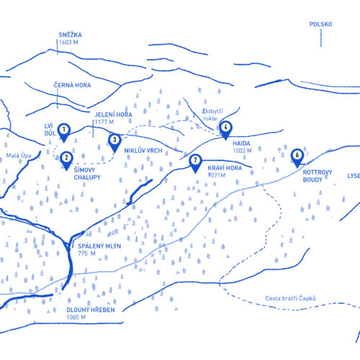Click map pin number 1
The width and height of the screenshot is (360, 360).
pos(64,132)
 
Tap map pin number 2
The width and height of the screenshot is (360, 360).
pos(66,161)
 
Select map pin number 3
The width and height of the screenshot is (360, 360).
pos(114,143)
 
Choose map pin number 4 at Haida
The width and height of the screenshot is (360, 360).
pos(225,130)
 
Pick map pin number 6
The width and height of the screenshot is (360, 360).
pos(297,158)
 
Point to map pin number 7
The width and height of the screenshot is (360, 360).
pos(195,163)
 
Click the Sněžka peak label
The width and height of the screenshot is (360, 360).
pos(71,35)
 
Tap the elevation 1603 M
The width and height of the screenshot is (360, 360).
pos(68,42)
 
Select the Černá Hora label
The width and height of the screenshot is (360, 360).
pos(72,85)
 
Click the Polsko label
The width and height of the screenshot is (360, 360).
pos(320,24)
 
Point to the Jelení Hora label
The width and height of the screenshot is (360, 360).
pos(113,114)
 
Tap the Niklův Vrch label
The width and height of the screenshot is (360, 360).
pos(143,150)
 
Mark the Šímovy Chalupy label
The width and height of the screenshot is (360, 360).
pos(87,174)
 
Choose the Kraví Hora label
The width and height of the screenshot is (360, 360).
pos(225,168)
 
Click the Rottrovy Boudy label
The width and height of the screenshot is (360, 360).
pos(318,176)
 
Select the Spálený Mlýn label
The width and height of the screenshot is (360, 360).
pos(99,246)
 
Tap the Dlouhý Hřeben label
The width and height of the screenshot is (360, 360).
pos(91,310)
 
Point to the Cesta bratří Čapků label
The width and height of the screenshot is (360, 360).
pos(290,298)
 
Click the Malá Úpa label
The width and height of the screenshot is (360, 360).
pos(19,156)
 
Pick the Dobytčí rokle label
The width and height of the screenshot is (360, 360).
pos(212,114)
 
